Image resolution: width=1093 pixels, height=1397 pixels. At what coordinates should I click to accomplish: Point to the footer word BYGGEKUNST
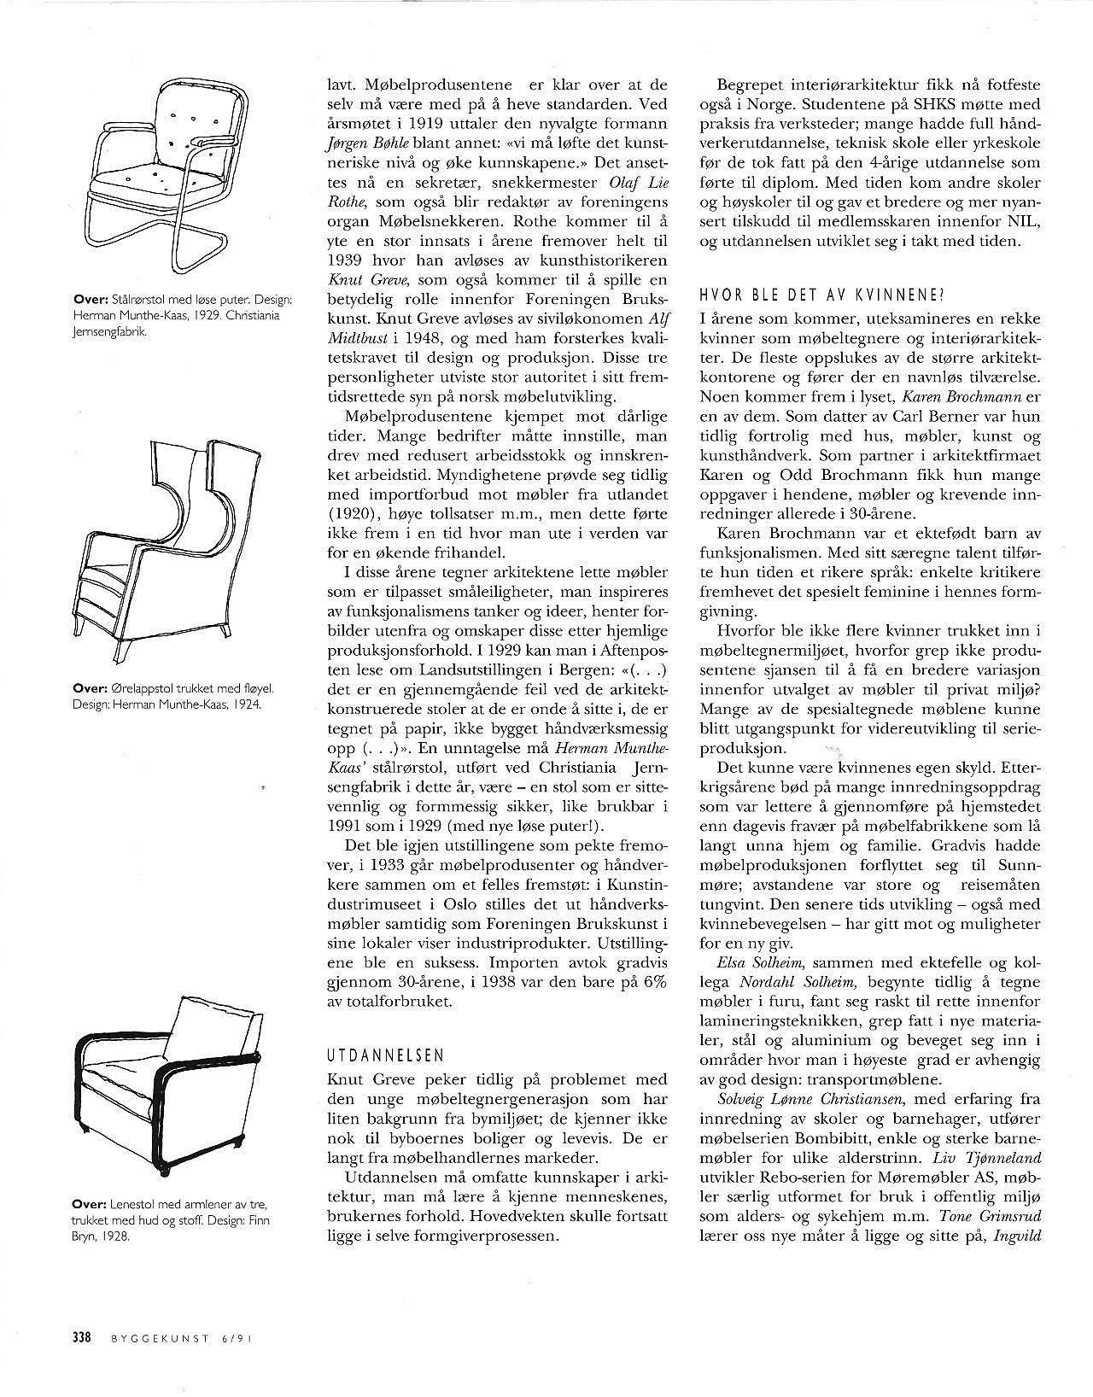tap(159, 1340)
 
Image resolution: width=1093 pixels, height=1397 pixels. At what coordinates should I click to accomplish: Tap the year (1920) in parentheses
tap(355, 515)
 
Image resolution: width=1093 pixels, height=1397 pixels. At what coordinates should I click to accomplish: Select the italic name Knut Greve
tap(359, 280)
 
